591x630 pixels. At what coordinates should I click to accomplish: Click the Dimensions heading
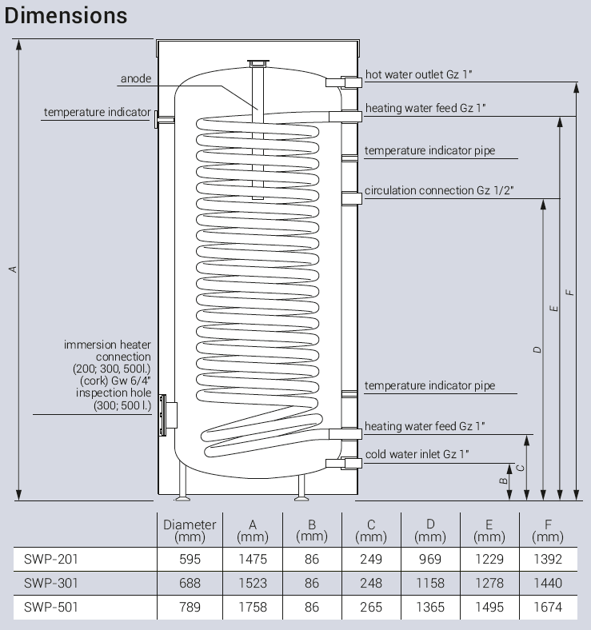point(66,15)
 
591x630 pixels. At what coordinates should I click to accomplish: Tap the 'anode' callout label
point(135,79)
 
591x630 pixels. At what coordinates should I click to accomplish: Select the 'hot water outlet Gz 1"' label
point(419,74)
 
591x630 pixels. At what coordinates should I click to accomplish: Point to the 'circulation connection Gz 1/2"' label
point(438,191)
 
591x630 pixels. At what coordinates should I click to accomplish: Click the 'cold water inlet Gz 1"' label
point(417,454)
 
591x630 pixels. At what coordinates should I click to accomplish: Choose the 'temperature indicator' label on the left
point(97,113)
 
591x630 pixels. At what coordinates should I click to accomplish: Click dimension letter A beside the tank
point(13,269)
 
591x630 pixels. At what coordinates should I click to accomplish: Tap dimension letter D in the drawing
point(537,349)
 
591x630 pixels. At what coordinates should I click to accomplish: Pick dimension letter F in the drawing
point(569,293)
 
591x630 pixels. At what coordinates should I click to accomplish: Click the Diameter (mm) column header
point(190,530)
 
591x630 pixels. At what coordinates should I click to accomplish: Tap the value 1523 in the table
point(252,584)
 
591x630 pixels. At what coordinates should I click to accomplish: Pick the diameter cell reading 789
point(190,608)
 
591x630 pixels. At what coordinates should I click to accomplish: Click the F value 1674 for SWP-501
point(548,608)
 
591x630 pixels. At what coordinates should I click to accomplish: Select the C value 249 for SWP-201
point(371,560)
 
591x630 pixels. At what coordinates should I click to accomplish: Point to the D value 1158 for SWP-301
point(430,584)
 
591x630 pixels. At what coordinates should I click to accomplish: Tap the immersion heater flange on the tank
point(165,414)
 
